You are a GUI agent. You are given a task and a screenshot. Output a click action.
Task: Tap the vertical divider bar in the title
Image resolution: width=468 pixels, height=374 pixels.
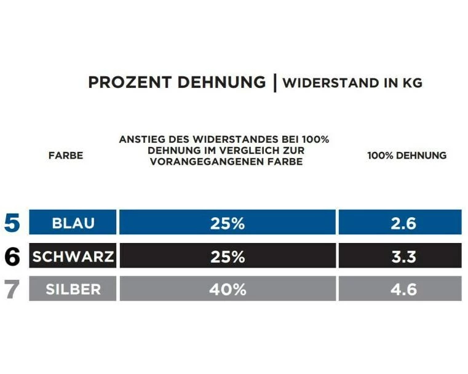(x=275, y=83)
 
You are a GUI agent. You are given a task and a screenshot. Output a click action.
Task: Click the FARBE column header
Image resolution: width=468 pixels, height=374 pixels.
(x=65, y=156)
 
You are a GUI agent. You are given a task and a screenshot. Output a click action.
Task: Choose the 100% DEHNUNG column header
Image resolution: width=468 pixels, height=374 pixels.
(x=407, y=156)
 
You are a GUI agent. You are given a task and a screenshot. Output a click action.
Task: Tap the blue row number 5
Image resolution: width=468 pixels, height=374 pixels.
(x=12, y=223)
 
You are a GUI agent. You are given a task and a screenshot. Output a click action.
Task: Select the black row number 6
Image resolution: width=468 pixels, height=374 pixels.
(x=12, y=257)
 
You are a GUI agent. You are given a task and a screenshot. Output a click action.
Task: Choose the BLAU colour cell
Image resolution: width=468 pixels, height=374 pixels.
(x=73, y=223)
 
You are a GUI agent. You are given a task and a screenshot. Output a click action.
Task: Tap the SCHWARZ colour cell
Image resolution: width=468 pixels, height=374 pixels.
(x=73, y=257)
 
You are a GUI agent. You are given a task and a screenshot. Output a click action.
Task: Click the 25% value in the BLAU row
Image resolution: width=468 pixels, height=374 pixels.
(x=227, y=223)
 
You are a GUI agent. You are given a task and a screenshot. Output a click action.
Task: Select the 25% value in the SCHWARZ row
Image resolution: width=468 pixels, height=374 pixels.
(x=227, y=257)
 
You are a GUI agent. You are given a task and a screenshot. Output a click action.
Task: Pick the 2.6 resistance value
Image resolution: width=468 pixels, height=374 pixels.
(x=403, y=223)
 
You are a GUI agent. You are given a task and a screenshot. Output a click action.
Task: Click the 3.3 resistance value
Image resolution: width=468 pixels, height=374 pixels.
(x=403, y=257)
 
